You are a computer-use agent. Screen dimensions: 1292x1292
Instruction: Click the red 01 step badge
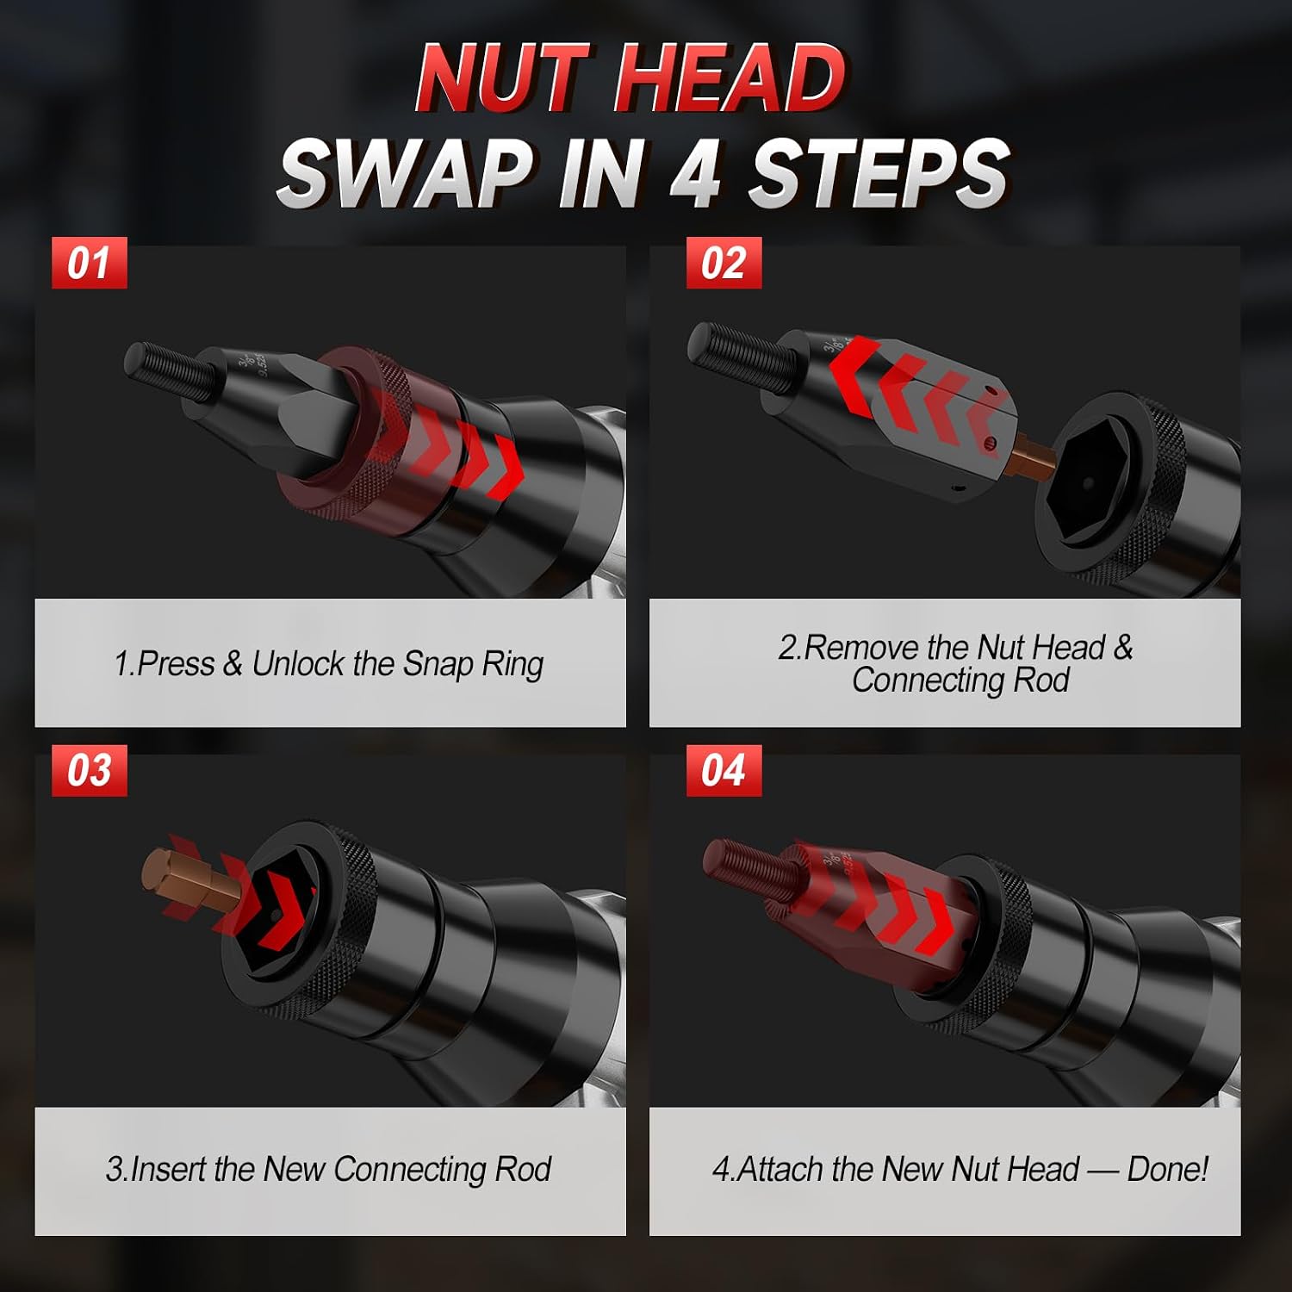(x=90, y=263)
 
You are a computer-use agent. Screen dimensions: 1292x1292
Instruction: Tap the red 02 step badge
(x=724, y=263)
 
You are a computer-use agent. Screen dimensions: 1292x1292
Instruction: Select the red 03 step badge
(x=90, y=770)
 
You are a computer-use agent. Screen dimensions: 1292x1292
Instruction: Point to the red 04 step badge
(x=724, y=770)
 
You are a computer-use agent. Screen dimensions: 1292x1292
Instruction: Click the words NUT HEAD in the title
(x=630, y=78)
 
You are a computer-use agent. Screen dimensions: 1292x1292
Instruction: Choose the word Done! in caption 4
(x=1168, y=1169)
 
